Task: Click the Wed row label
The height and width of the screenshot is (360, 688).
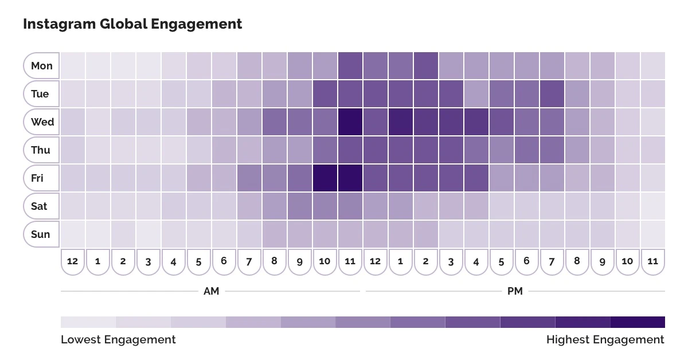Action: pyautogui.click(x=42, y=122)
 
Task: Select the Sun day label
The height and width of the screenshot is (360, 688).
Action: pyautogui.click(x=40, y=234)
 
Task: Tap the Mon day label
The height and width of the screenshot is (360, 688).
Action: pyautogui.click(x=41, y=66)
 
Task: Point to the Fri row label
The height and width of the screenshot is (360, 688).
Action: pyautogui.click(x=38, y=178)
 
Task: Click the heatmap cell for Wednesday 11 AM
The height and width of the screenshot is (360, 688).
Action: pyautogui.click(x=350, y=122)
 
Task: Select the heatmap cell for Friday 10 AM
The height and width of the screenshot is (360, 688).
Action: pyautogui.click(x=325, y=178)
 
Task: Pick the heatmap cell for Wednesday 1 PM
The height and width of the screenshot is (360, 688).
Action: pyautogui.click(x=401, y=122)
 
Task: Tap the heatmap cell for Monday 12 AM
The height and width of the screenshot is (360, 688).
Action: pyautogui.click(x=73, y=66)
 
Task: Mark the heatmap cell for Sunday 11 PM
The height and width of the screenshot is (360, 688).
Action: pyautogui.click(x=653, y=234)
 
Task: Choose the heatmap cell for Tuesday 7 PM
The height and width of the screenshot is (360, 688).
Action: pyautogui.click(x=552, y=94)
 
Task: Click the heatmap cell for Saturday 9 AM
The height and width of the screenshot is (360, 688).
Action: pyautogui.click(x=300, y=206)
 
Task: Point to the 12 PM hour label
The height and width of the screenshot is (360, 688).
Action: pyautogui.click(x=376, y=261)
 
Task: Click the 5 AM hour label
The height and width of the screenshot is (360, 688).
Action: pyautogui.click(x=199, y=261)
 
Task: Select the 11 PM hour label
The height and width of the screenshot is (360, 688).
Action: pyautogui.click(x=653, y=261)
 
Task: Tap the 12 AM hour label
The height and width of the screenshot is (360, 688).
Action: pyautogui.click(x=73, y=261)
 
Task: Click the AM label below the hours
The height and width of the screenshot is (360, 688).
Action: pyautogui.click(x=211, y=291)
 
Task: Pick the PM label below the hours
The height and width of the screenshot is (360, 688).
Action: pyautogui.click(x=515, y=291)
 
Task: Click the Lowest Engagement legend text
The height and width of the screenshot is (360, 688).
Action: pyautogui.click(x=118, y=339)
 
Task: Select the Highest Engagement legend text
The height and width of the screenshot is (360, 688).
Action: pyautogui.click(x=605, y=339)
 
